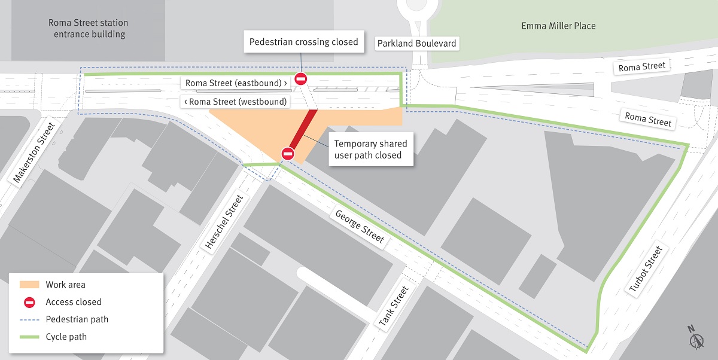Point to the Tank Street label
click(394, 307)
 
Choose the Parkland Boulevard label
click(417, 44)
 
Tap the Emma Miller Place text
click(558, 26)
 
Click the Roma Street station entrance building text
click(89, 29)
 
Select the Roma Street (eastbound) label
click(236, 83)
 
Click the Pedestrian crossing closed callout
click(303, 42)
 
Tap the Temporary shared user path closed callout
click(370, 150)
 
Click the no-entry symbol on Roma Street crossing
click(301, 79)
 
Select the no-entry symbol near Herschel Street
click(287, 154)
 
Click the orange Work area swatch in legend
click(29, 285)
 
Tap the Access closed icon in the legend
click(29, 302)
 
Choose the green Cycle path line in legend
click(29, 337)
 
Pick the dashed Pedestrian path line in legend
click(29, 319)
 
